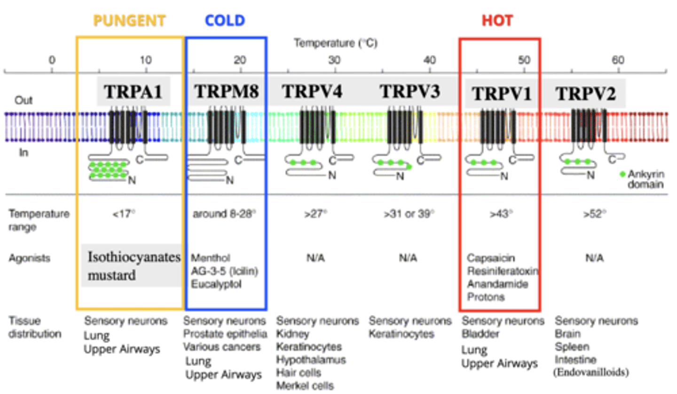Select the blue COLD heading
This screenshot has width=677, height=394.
[x=225, y=21]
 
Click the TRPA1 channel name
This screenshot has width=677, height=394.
[x=133, y=92]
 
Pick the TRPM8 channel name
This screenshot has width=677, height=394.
[x=227, y=92]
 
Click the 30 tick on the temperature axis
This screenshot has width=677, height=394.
[x=334, y=60]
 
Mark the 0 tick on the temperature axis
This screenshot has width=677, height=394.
[x=52, y=60]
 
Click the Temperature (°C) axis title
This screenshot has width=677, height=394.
[x=336, y=43]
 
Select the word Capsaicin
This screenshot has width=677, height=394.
[x=490, y=258]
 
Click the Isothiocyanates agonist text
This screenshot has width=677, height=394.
[x=134, y=257]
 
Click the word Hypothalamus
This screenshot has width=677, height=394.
[x=311, y=360]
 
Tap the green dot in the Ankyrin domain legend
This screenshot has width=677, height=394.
[x=623, y=174]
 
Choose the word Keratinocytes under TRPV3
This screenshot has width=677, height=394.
[x=401, y=334]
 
